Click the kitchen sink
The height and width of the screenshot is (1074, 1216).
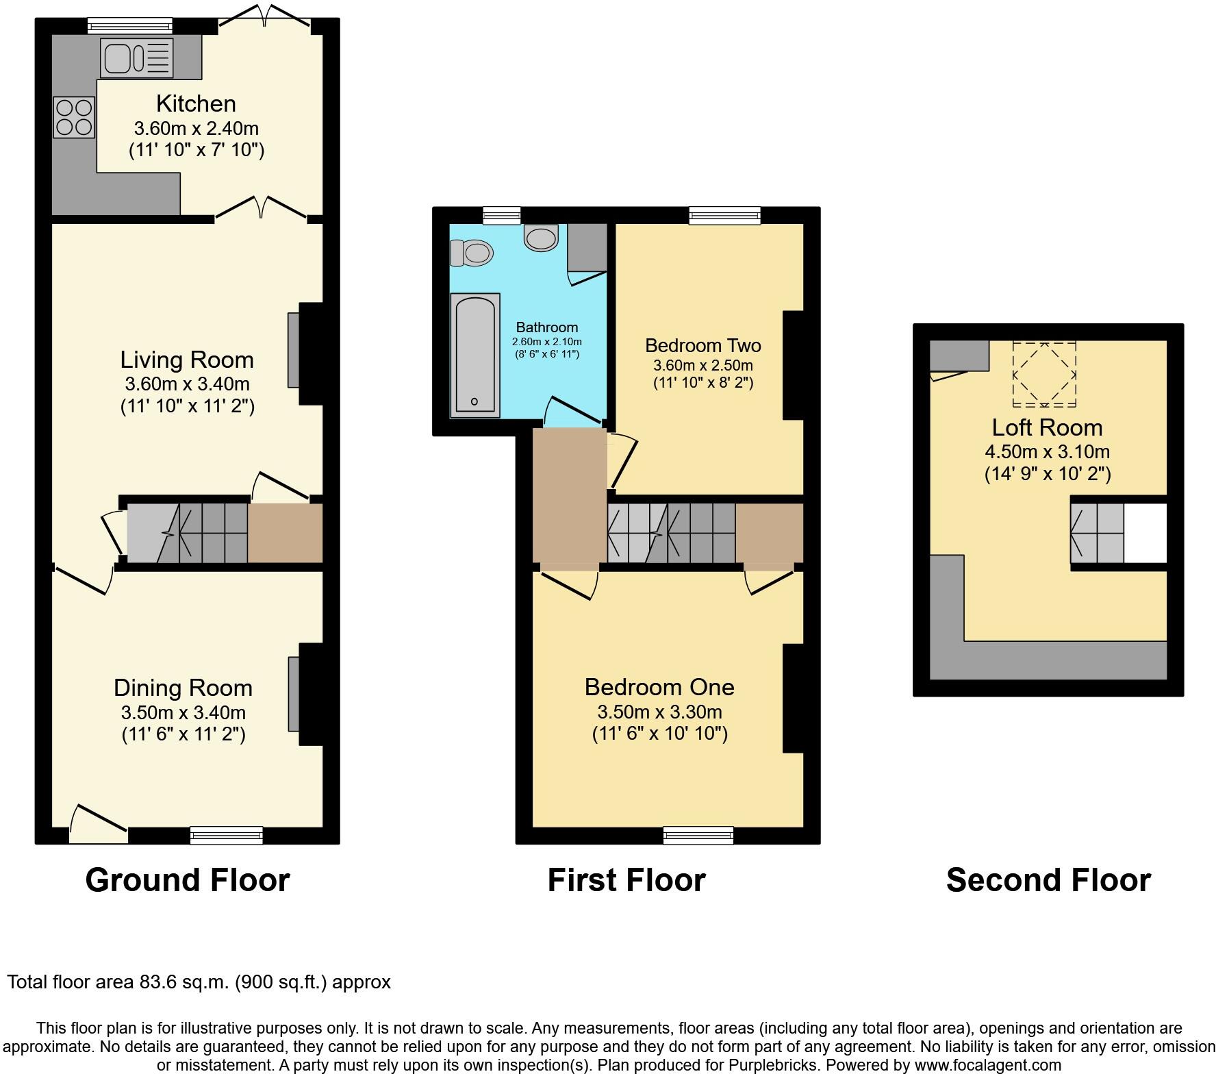tap(136, 58)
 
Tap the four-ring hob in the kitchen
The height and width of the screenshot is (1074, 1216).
tap(74, 117)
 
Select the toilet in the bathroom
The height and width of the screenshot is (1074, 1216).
tap(472, 253)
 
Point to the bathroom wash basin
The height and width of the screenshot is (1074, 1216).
tap(542, 238)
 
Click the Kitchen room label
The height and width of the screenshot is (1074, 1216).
tap(196, 103)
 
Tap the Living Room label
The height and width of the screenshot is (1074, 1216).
tap(187, 360)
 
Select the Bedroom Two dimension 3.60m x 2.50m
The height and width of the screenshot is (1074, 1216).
tap(702, 365)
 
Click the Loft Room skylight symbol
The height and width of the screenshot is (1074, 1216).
tap(1044, 375)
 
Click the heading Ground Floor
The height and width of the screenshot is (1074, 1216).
tap(188, 879)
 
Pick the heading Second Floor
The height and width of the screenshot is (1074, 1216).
tap(1048, 879)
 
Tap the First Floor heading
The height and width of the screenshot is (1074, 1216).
tap(626, 879)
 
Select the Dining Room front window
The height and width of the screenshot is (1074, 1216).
tap(227, 835)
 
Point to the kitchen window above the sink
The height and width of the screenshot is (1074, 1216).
tap(130, 26)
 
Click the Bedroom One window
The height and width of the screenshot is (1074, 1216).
tap(698, 835)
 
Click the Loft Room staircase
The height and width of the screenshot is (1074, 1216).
tap(1098, 534)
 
